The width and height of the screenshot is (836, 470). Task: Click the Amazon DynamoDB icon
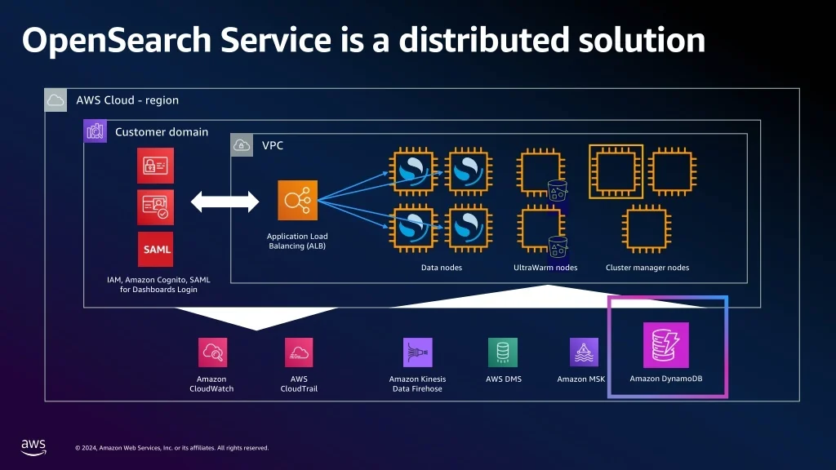point(665,345)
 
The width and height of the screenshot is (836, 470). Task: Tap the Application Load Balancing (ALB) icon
point(297,201)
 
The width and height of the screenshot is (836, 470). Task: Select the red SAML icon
point(156,249)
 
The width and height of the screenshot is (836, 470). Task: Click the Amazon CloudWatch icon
point(212,352)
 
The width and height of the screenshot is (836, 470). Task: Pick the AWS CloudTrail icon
point(299,352)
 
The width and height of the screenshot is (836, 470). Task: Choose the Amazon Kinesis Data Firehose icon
point(417,352)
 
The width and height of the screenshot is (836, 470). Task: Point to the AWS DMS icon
point(503,352)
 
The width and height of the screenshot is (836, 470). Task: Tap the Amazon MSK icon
point(584,352)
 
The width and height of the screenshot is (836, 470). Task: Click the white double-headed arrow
point(225,202)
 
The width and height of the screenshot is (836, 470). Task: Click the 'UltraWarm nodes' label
point(545,268)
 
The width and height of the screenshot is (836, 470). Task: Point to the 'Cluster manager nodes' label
point(647,268)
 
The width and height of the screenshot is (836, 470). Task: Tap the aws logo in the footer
point(33,446)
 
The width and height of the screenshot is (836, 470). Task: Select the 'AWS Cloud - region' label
point(127,100)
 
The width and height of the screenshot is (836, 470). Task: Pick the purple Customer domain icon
point(96,131)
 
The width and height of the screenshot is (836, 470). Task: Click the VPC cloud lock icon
point(242,145)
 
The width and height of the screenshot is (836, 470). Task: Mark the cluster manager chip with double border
point(616,171)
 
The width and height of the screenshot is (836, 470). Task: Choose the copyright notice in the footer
point(171,447)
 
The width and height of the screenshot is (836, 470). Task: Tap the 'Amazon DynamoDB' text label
point(665,379)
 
